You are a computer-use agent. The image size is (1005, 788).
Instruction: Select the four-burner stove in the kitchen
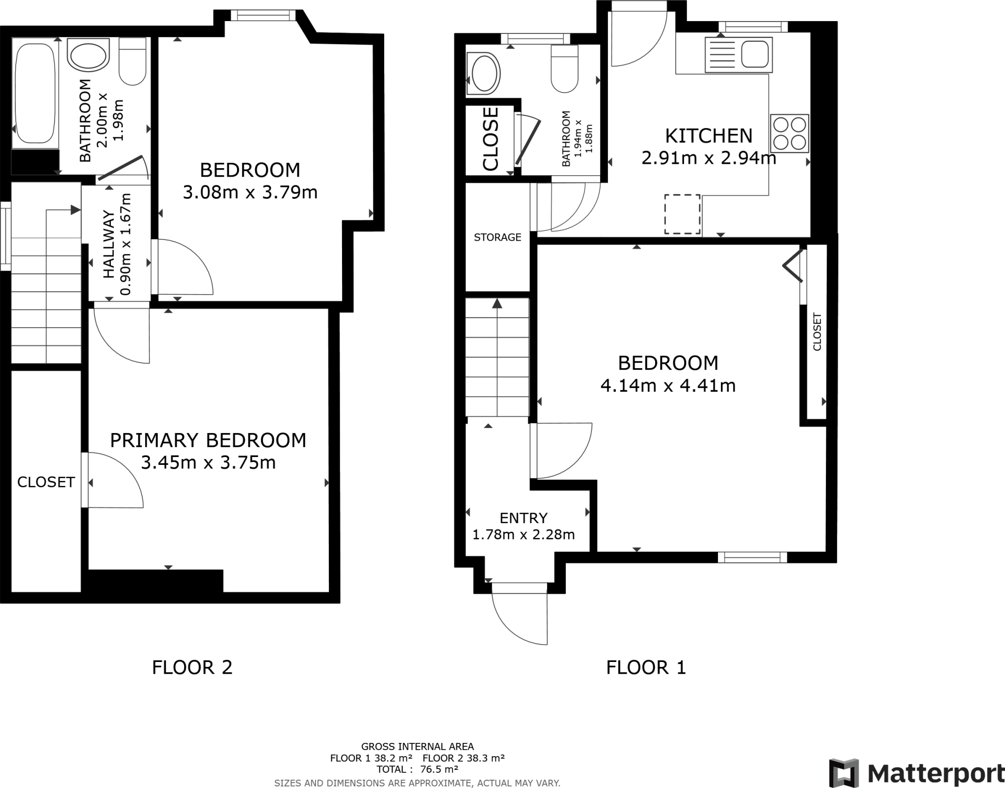[789, 133]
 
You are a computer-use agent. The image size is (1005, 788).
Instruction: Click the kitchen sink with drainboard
[737, 54]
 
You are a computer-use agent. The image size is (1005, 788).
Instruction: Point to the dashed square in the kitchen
[682, 214]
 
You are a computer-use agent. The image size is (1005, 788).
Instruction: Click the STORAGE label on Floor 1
[497, 237]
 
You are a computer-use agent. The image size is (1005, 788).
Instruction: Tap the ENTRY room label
[523, 518]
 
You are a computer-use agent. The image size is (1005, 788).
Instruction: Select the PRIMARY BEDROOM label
[208, 440]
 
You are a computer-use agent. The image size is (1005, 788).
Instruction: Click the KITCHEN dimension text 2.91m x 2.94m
[709, 158]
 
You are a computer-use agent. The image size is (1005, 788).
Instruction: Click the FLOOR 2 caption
[192, 667]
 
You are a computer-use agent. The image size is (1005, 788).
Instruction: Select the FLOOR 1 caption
[646, 667]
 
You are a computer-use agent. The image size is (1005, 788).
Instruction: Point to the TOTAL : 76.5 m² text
[417, 769]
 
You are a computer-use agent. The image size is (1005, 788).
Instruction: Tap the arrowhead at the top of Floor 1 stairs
[497, 304]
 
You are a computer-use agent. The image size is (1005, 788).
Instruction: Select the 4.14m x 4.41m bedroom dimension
[668, 386]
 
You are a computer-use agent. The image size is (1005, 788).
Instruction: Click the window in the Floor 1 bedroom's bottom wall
[752, 557]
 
